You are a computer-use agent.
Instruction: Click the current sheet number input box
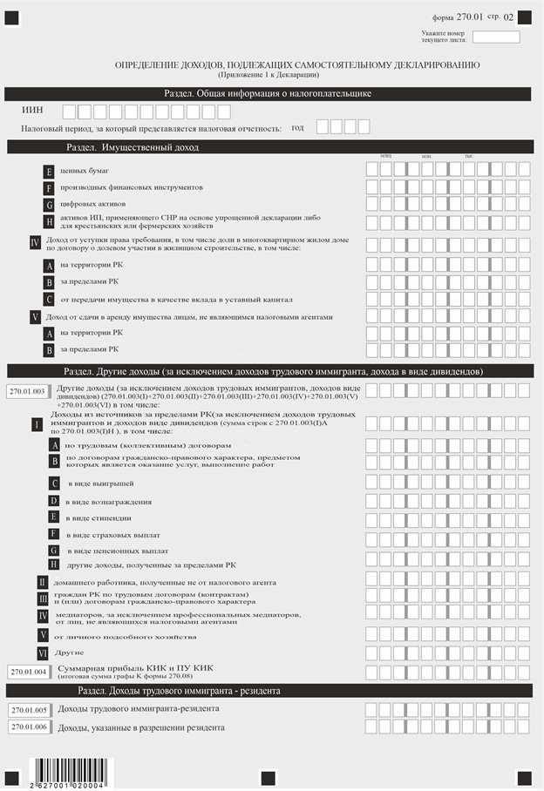(495, 37)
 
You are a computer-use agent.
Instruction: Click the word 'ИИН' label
(32, 111)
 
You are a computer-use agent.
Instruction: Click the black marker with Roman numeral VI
(42, 652)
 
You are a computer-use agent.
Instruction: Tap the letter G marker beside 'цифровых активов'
(50, 205)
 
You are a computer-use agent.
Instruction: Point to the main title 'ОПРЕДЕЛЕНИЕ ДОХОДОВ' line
(296, 65)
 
